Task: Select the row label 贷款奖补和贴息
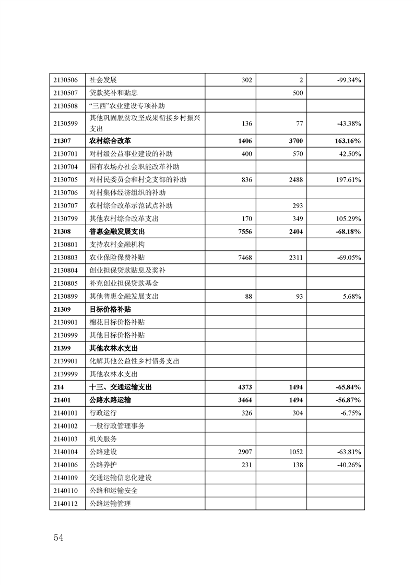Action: pyautogui.click(x=113, y=93)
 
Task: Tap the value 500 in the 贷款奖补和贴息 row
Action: pyautogui.click(x=297, y=93)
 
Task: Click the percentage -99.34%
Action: pyautogui.click(x=350, y=80)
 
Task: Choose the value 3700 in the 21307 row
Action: pyautogui.click(x=294, y=141)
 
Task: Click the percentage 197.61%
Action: pyautogui.click(x=349, y=180)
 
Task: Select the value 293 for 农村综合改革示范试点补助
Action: pyautogui.click(x=297, y=205)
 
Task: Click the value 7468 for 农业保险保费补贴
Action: pyautogui.click(x=244, y=258)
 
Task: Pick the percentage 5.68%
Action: pyautogui.click(x=352, y=296)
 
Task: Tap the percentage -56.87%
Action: pyautogui.click(x=349, y=400)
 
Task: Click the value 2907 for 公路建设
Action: pyautogui.click(x=244, y=452)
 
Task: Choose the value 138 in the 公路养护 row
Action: pyautogui.click(x=297, y=465)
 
